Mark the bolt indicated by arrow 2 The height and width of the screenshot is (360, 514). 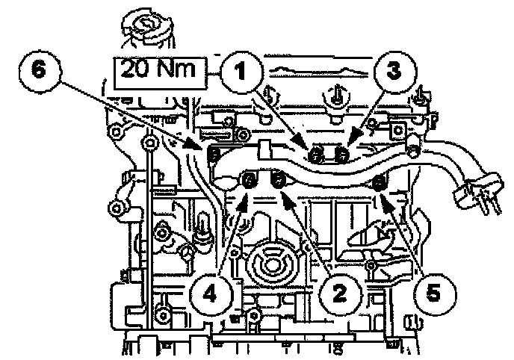pos(278,179)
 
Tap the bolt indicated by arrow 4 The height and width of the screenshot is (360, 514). pos(250,179)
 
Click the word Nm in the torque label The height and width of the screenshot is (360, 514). pos(179,72)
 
